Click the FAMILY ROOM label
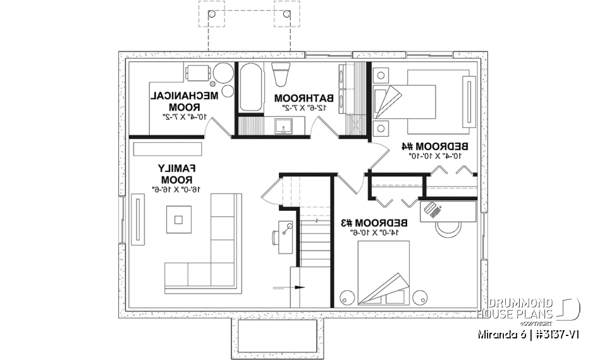[x=176, y=173]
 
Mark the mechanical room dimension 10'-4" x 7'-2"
[x=183, y=117]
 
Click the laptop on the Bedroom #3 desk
[x=432, y=209]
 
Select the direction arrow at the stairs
[x=290, y=287]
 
